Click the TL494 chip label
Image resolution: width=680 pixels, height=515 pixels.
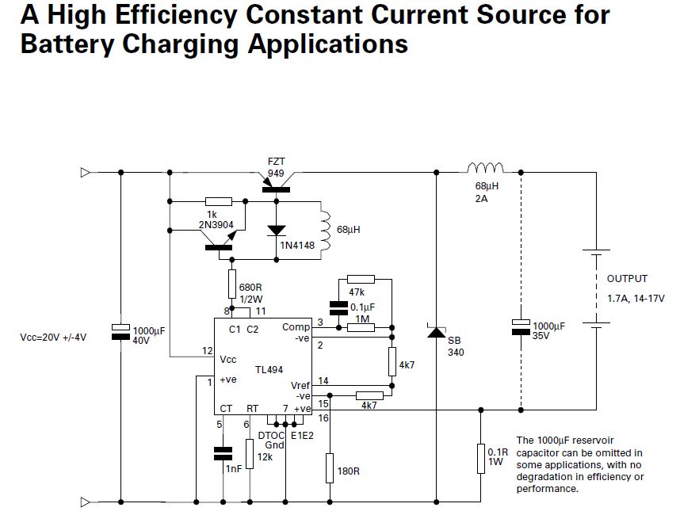coord(269,369)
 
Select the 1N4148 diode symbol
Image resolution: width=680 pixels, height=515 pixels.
coord(276,230)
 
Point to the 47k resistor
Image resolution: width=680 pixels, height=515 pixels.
coord(361,279)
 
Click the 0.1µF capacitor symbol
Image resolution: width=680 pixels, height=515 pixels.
coord(338,308)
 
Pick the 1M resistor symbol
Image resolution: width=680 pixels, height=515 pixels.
coord(361,327)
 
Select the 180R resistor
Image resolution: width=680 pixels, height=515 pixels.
coord(330,467)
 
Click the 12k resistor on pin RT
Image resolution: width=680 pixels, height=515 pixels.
coord(250,454)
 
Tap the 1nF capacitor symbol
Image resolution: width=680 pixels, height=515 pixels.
coord(223,453)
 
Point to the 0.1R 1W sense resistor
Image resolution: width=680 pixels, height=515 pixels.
coord(480,459)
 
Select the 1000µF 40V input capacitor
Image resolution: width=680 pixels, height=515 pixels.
coord(120,331)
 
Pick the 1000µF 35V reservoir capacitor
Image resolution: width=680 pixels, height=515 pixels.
coord(521,325)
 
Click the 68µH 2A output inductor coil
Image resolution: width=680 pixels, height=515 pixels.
coord(485,169)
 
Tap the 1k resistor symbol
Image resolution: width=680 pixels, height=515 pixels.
coord(218,202)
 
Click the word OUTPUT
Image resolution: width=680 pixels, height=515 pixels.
coord(627,279)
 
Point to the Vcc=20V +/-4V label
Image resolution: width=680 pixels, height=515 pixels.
coord(53,337)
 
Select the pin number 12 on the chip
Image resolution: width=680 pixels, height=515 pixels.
coord(207,350)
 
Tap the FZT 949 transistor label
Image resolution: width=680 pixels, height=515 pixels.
coord(276,167)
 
